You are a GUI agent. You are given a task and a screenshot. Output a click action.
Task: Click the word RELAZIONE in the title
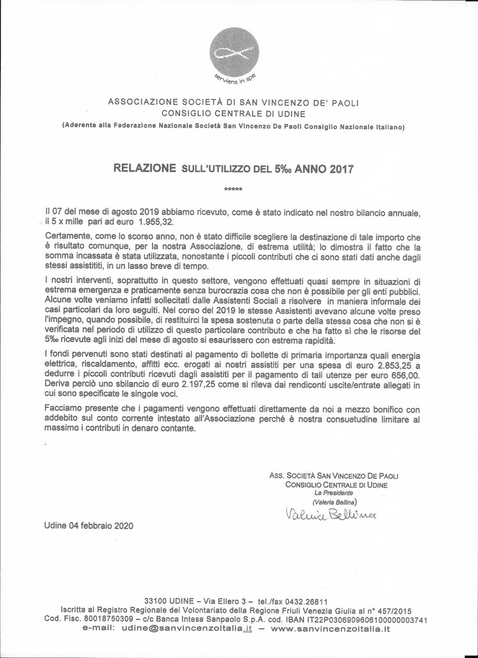(144, 168)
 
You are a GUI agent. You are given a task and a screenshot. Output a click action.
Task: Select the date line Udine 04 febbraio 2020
(88, 525)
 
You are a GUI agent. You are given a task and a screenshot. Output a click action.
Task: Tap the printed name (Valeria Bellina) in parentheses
(334, 501)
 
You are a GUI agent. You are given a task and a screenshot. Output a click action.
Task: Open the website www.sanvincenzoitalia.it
(330, 629)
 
